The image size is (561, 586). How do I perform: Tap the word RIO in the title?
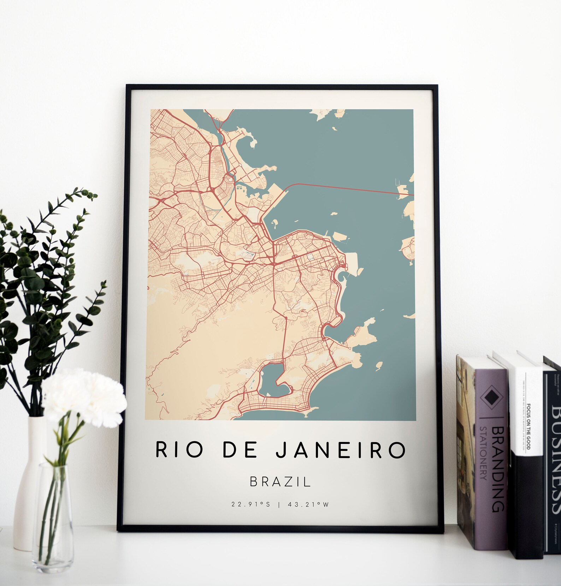coord(173,450)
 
